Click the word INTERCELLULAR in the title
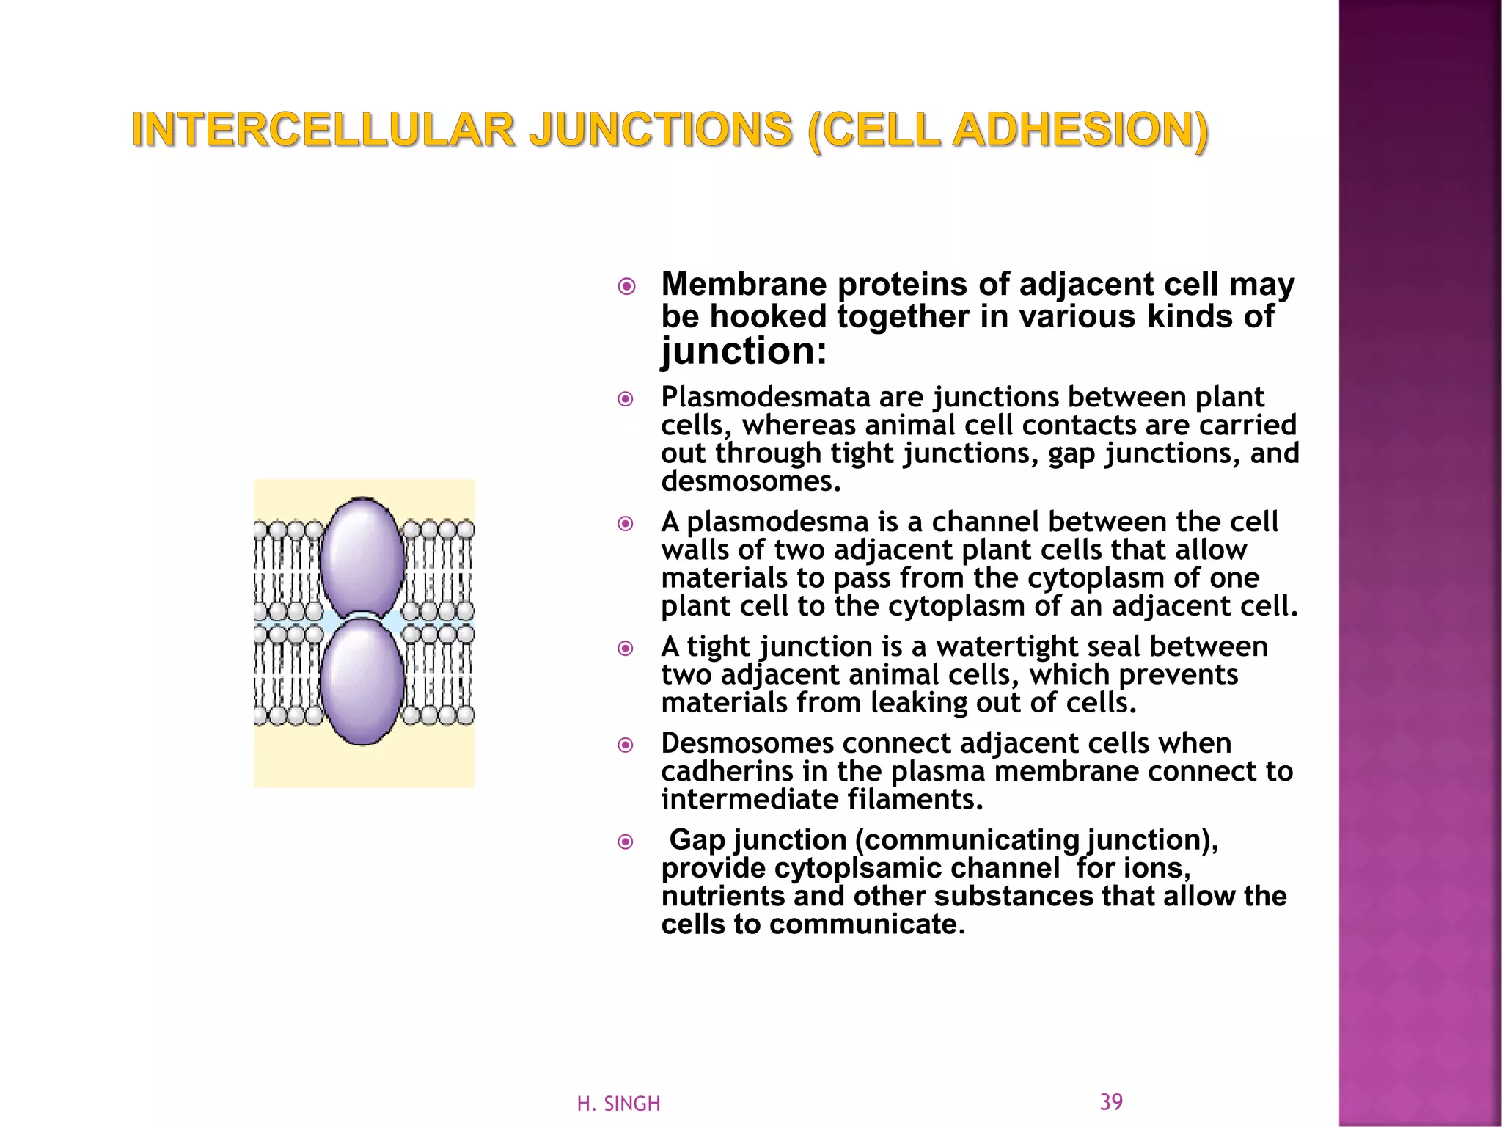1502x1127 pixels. (323, 131)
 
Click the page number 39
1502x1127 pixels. (1111, 1101)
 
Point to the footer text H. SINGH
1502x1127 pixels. (618, 1104)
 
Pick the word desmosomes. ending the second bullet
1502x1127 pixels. (750, 481)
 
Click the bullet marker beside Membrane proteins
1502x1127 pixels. (626, 286)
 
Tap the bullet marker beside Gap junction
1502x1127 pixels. (626, 841)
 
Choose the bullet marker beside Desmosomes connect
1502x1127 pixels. (626, 745)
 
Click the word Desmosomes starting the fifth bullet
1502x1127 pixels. (747, 743)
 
